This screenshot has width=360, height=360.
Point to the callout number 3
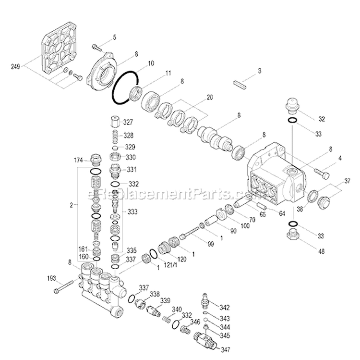[260, 71]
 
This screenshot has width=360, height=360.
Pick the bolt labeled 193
[64, 290]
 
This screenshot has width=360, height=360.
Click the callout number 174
[78, 160]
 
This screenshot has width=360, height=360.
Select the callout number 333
[132, 211]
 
